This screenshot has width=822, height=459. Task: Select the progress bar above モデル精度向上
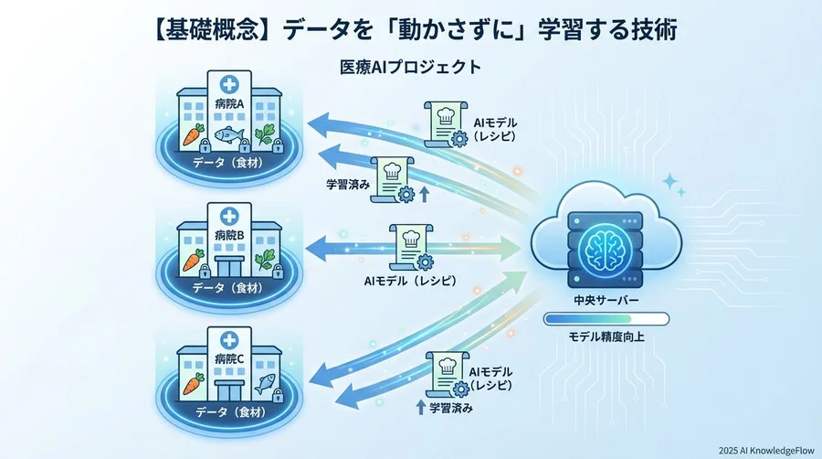(x=606, y=319)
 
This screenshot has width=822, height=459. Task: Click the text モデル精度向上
(x=606, y=336)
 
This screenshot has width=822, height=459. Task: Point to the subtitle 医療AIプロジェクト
(x=410, y=68)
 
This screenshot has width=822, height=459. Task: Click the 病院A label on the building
(x=227, y=102)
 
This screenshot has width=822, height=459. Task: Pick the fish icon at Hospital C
(x=265, y=382)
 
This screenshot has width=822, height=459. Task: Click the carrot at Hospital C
(x=193, y=382)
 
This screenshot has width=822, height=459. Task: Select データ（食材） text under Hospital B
(x=227, y=288)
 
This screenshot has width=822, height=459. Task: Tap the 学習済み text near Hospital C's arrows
(x=450, y=408)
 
